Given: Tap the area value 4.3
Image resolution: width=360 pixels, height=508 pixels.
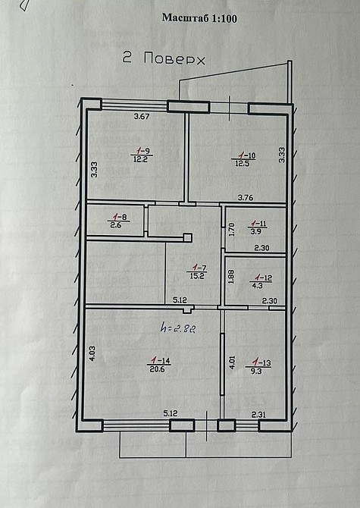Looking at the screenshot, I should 259,286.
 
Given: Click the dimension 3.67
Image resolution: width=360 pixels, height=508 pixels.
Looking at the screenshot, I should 142,117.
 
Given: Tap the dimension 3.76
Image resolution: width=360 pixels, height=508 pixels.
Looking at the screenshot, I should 246,198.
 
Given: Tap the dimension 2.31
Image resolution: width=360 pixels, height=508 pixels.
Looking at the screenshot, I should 261,414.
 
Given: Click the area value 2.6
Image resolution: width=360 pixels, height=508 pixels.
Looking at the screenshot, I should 116,225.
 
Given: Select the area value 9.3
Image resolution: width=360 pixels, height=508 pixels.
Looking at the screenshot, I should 258,371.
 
